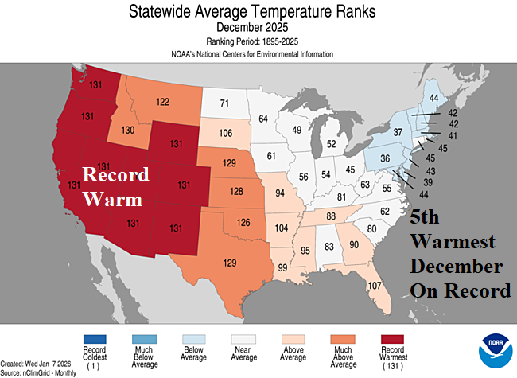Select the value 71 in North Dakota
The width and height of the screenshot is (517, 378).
224,103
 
